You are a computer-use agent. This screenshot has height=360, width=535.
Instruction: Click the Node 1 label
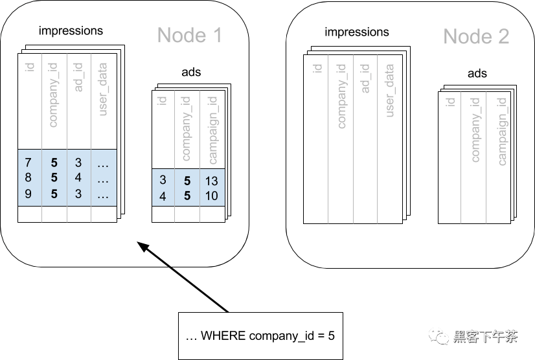(x=190, y=35)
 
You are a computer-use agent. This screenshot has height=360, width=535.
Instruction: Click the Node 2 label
(x=476, y=36)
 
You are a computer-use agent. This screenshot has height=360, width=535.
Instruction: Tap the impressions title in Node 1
(x=71, y=30)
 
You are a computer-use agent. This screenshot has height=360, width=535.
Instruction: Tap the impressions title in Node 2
(x=357, y=32)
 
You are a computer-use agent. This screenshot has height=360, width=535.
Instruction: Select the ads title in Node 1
(x=191, y=72)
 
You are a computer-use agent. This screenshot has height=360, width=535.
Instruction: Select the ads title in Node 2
(x=477, y=74)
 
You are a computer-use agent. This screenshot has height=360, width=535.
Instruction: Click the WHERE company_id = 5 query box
(x=260, y=335)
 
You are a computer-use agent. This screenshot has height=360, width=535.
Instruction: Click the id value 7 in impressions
(x=28, y=162)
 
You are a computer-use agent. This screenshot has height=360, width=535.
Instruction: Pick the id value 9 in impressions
(x=28, y=194)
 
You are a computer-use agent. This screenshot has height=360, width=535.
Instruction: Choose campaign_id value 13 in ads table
(x=211, y=181)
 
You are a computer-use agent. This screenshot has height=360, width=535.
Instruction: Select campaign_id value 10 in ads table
(x=211, y=196)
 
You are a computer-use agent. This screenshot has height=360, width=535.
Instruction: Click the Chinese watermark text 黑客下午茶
(x=485, y=336)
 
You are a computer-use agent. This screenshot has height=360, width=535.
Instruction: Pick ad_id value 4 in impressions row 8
(x=78, y=178)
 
